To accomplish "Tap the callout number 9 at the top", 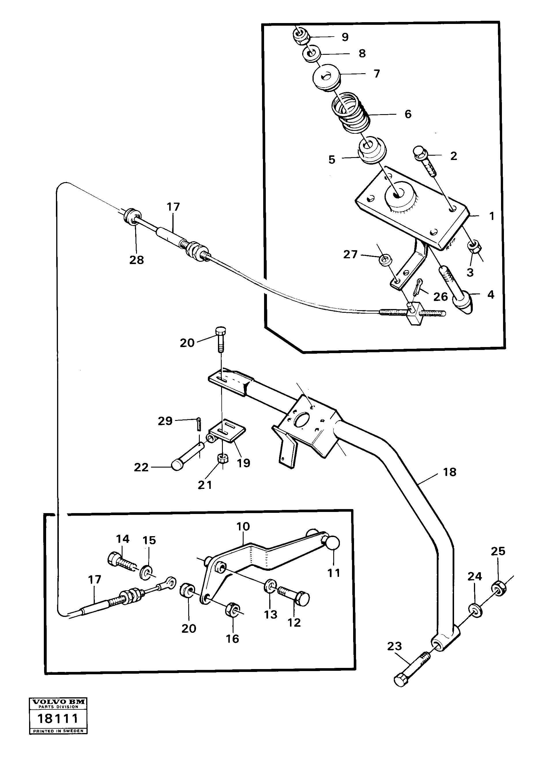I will tap(345, 37).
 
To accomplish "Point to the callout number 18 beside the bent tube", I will tap(449, 472).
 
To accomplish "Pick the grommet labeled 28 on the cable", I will tap(132, 216).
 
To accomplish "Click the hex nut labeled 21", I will tap(223, 459).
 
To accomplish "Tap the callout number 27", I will tap(350, 254).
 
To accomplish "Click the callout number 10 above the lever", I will tap(243, 526).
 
